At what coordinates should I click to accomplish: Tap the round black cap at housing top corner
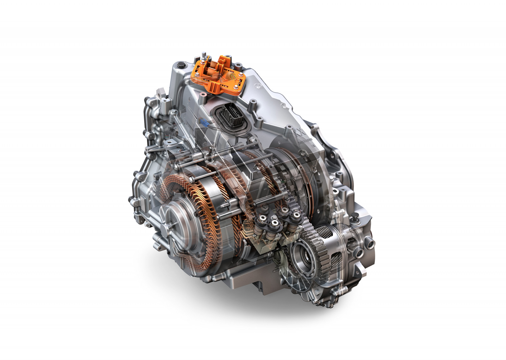(x=181, y=65)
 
